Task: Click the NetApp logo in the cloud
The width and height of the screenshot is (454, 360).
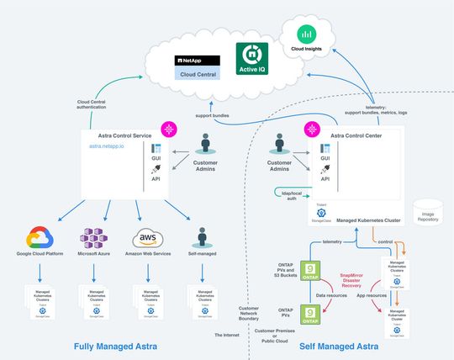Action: point(197,61)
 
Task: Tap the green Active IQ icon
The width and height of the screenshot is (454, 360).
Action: point(252,57)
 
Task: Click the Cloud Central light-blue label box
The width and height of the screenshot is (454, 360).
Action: point(197,74)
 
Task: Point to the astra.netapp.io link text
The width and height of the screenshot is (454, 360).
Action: point(107,146)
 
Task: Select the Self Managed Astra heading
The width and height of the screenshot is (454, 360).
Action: point(339,346)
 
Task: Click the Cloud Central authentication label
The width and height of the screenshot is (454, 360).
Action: point(98,105)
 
